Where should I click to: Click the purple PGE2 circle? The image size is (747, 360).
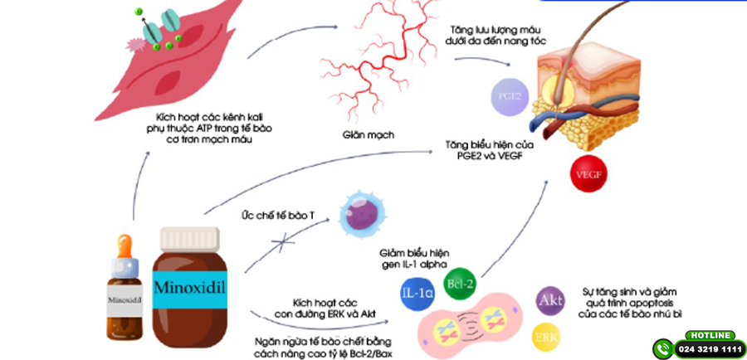pos(509,97)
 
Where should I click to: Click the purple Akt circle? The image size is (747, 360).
pos(549,299)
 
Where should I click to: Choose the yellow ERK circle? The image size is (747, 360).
pos(546,338)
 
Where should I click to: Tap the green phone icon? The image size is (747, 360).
pos(663,348)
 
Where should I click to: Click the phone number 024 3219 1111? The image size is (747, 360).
pos(710,349)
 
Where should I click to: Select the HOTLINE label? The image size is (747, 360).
pos(709,334)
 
